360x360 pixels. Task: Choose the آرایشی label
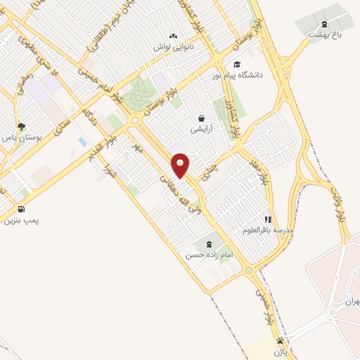pyautogui.click(x=201, y=129)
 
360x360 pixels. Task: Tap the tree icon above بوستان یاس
pyautogui.click(x=22, y=127)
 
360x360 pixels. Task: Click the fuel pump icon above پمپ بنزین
pyautogui.click(x=21, y=209)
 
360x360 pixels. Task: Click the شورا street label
pyautogui.click(x=108, y=170)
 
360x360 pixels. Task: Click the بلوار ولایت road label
pyautogui.click(x=341, y=204)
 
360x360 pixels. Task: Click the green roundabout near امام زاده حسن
pyautogui.click(x=247, y=270)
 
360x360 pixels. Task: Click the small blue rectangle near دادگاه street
pyautogui.click(x=83, y=142)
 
